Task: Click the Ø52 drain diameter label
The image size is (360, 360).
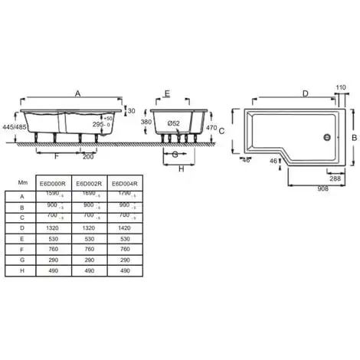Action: pyautogui.click(x=175, y=123)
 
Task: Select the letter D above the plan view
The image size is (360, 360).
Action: pyautogui.click(x=304, y=93)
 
